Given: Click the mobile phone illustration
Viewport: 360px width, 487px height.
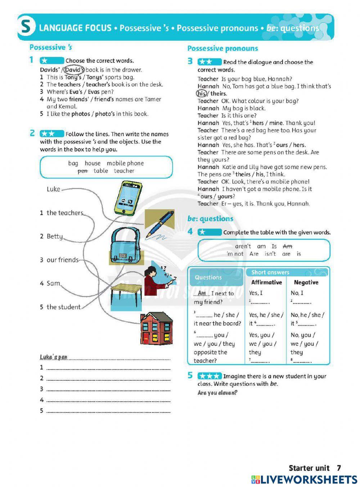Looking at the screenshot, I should [128, 198].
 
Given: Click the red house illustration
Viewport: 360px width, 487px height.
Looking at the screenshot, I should [156, 329].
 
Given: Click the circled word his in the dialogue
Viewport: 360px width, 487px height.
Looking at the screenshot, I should [202, 94].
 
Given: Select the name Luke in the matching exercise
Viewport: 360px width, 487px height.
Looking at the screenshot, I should [53, 189].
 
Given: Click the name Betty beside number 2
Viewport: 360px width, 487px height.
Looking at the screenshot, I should [55, 236].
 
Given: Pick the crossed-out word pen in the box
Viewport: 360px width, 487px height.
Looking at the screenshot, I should [82, 171].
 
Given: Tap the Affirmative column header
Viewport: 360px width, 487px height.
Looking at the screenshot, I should [266, 282].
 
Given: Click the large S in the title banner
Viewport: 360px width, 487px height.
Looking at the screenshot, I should [26, 27].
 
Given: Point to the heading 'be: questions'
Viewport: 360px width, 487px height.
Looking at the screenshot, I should [210, 219].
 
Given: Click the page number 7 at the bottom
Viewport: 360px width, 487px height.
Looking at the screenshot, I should [338, 468].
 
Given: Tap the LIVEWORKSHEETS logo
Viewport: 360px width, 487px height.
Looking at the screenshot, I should [304, 479].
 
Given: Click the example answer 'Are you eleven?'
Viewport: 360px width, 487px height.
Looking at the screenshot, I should [217, 393].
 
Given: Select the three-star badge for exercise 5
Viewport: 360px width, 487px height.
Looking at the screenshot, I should [209, 376].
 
